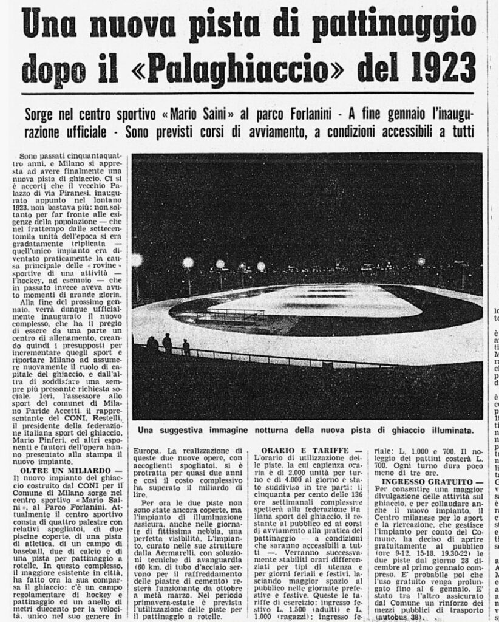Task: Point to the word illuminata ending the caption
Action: coord(445,430)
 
